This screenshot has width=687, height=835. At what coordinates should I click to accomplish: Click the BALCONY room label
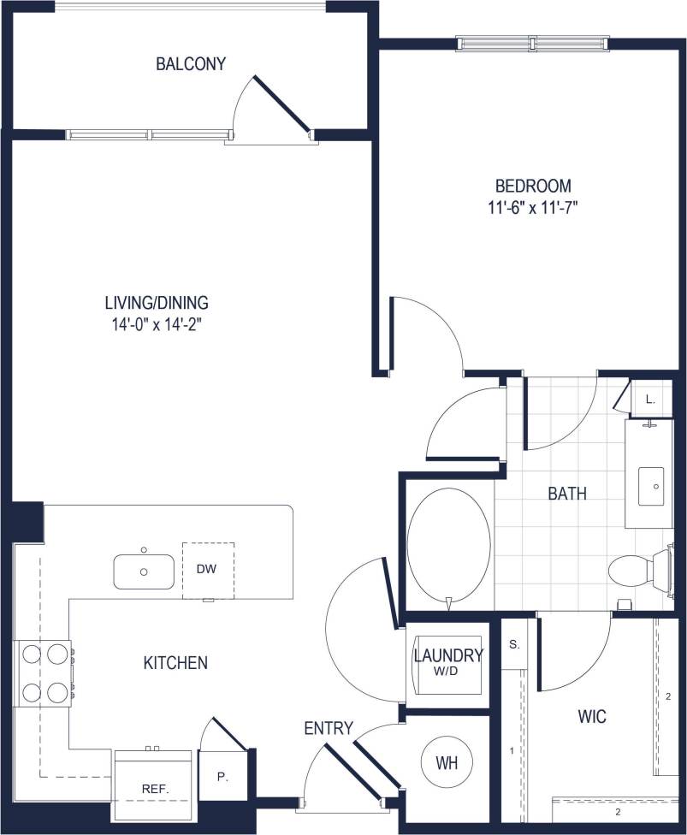pyautogui.click(x=190, y=64)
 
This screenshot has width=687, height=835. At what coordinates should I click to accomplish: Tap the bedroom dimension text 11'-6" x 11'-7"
pyautogui.click(x=533, y=208)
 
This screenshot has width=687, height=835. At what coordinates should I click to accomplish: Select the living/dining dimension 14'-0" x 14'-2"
pyautogui.click(x=157, y=324)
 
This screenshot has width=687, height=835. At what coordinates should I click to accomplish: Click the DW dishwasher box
pyautogui.click(x=207, y=569)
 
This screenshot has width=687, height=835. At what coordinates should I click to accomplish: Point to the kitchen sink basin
pyautogui.click(x=144, y=571)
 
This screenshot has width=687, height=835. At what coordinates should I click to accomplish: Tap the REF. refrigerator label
pyautogui.click(x=154, y=789)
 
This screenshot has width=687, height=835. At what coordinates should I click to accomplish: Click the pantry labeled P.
pyautogui.click(x=222, y=778)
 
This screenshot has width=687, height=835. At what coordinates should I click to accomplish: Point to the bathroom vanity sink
pyautogui.click(x=654, y=486)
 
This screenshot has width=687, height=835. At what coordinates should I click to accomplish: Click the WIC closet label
pyautogui.click(x=592, y=717)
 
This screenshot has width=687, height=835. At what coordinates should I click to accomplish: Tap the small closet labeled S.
pyautogui.click(x=514, y=643)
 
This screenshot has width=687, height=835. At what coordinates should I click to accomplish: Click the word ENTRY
pyautogui.click(x=329, y=728)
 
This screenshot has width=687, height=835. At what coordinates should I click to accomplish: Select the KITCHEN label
pyautogui.click(x=175, y=662)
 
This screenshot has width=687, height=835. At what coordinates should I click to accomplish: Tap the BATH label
pyautogui.click(x=566, y=494)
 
